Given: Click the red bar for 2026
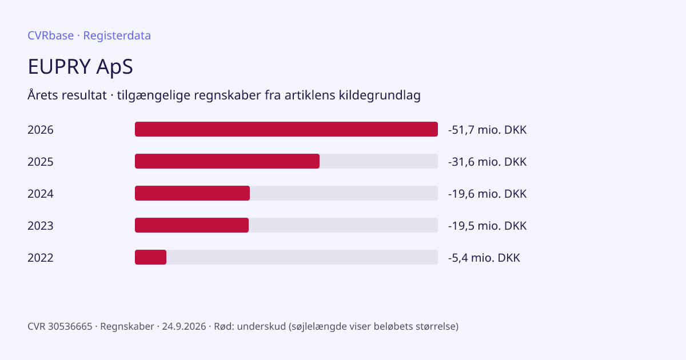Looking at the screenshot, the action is click(286, 129).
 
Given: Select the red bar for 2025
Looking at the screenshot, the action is click(228, 161).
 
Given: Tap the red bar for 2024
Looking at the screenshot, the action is click(192, 193).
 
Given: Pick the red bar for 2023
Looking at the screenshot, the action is click(192, 225).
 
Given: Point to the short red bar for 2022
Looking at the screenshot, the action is click(151, 257).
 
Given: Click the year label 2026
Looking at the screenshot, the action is click(41, 130).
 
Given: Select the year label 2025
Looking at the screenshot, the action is click(41, 162).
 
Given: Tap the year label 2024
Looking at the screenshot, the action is click(41, 194).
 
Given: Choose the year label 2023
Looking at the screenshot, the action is click(41, 226).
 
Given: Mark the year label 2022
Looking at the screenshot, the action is click(41, 258).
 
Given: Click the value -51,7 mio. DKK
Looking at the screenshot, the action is click(487, 130).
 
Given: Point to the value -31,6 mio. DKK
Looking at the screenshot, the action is click(487, 162).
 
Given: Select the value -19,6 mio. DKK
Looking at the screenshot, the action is click(487, 194).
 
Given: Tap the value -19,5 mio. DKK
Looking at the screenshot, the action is click(487, 226).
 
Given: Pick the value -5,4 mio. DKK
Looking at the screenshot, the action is click(484, 258).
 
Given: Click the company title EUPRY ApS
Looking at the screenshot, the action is click(80, 67).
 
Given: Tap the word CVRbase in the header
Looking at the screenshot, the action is click(50, 35).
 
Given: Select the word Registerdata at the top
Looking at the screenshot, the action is click(117, 36).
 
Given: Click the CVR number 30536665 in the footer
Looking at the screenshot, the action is click(70, 326).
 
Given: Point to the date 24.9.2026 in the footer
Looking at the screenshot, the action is click(184, 326).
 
